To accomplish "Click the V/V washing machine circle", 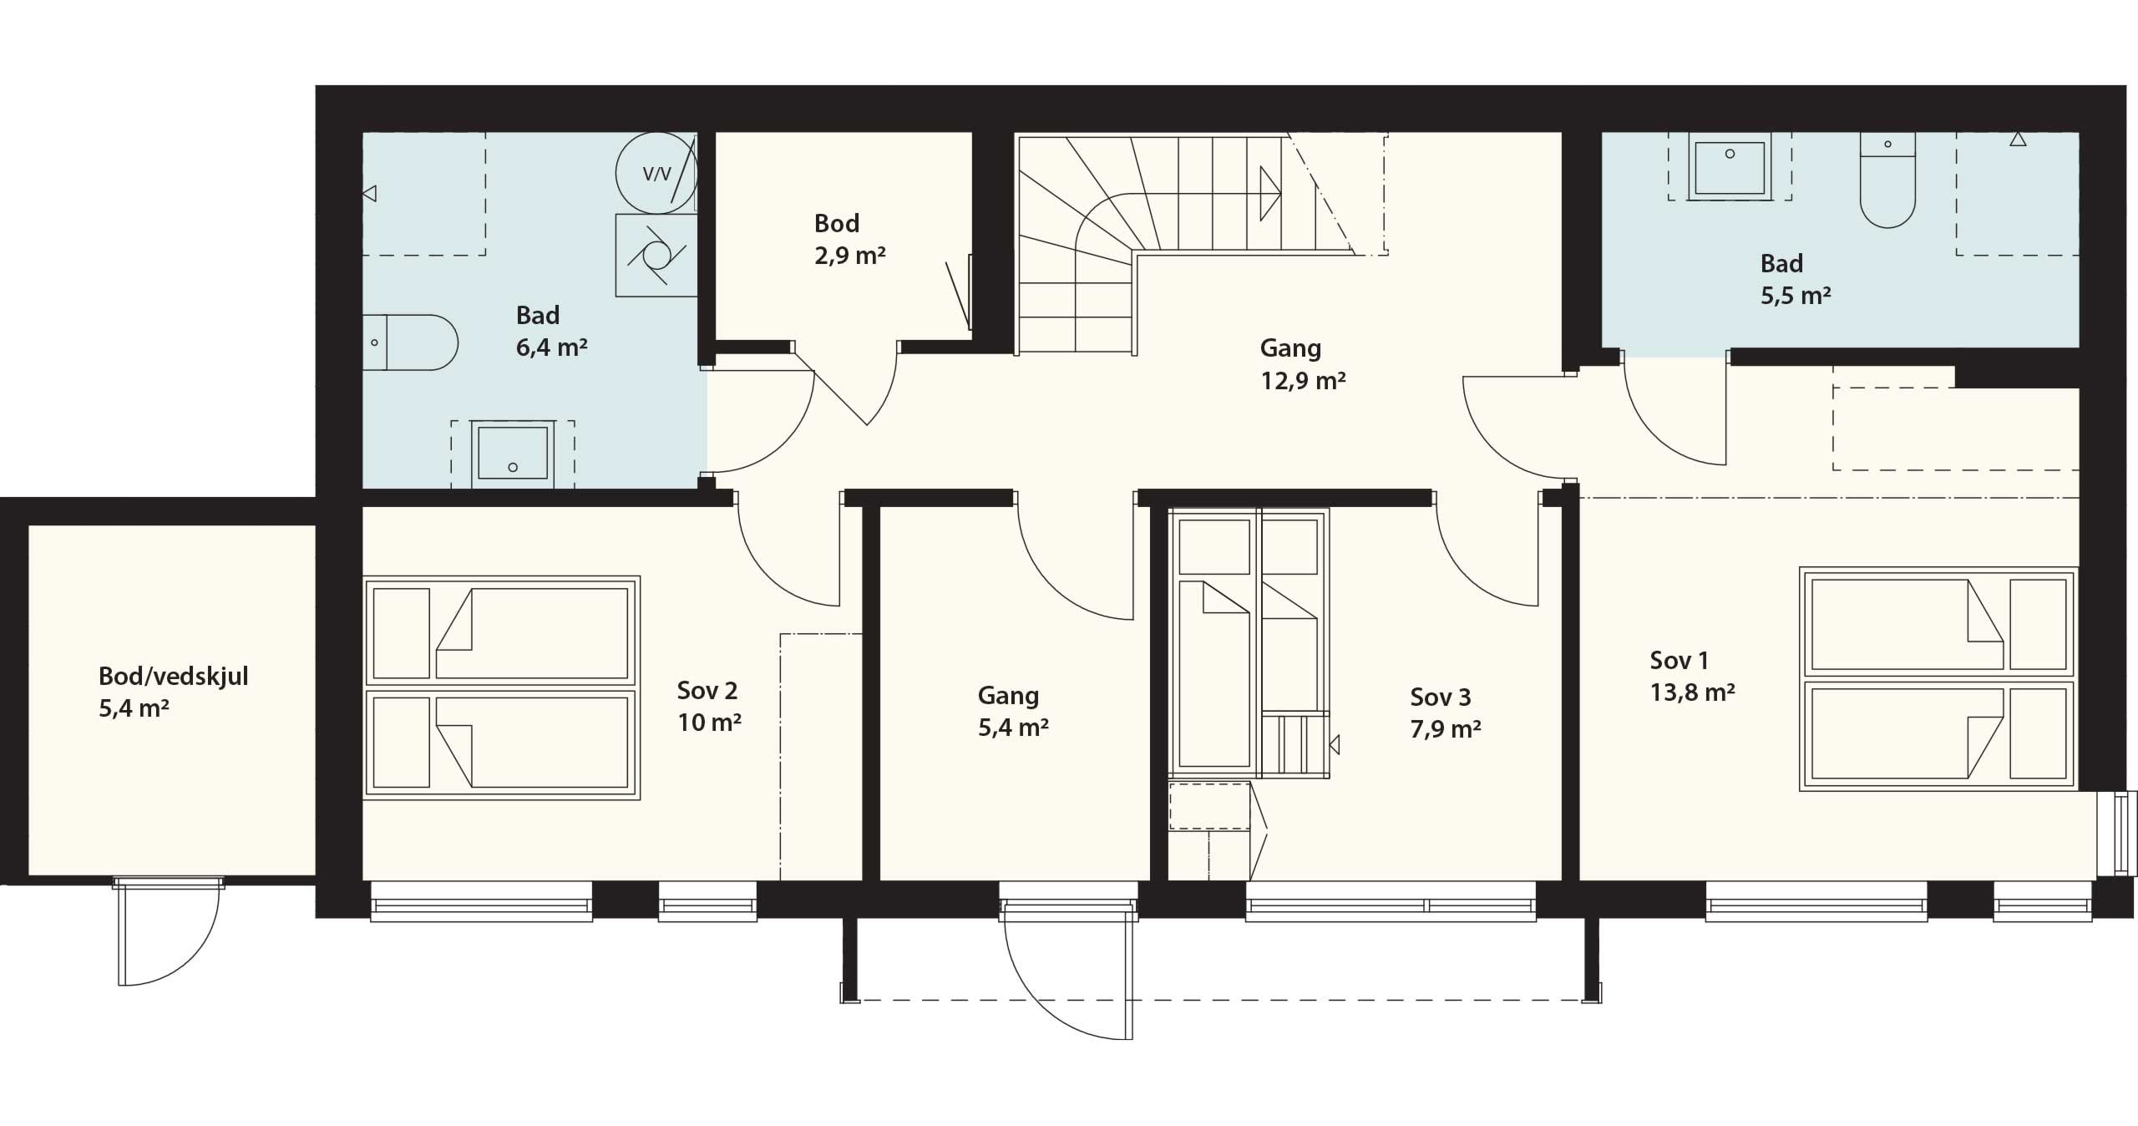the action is pyautogui.click(x=656, y=173).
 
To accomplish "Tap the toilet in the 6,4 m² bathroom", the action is pyautogui.click(x=410, y=342).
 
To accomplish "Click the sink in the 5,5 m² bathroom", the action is pyautogui.click(x=1730, y=166).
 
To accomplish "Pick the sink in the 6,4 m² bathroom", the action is pyautogui.click(x=513, y=454).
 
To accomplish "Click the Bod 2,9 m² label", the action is pyautogui.click(x=849, y=239).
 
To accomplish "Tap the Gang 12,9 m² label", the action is pyautogui.click(x=1302, y=364).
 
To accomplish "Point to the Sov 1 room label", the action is pyautogui.click(x=1692, y=676).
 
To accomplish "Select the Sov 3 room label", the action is pyautogui.click(x=1446, y=713).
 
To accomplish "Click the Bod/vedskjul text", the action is pyautogui.click(x=173, y=676).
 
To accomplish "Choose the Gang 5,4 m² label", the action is pyautogui.click(x=1013, y=711).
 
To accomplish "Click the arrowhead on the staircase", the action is pyautogui.click(x=1270, y=193).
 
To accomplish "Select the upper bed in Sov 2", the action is pyautogui.click(x=501, y=632).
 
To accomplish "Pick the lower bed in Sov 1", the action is pyautogui.click(x=1938, y=733).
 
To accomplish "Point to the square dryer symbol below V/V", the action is pyautogui.click(x=656, y=255).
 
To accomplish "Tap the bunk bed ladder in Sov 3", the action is pyautogui.click(x=1294, y=743).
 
